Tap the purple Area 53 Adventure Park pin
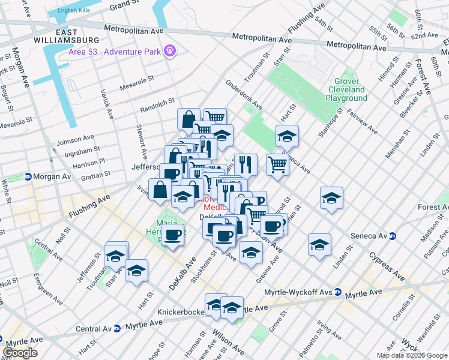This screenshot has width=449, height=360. (x=170, y=50)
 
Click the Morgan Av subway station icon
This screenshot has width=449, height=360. (x=28, y=177)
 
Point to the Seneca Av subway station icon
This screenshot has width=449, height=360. (x=392, y=236)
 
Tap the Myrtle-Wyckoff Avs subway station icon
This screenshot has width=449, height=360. (x=339, y=293)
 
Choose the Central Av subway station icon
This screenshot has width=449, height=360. (x=116, y=329)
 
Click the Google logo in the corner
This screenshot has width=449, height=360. (x=20, y=353)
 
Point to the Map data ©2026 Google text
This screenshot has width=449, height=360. (x=412, y=355)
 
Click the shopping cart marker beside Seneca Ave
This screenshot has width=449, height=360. (x=277, y=164)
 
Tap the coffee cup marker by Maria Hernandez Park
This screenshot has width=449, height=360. (x=173, y=235)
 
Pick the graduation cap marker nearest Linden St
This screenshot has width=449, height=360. (x=320, y=245)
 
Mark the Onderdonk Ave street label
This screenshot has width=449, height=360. (x=244, y=95)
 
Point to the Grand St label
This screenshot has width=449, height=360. (x=123, y=5)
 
